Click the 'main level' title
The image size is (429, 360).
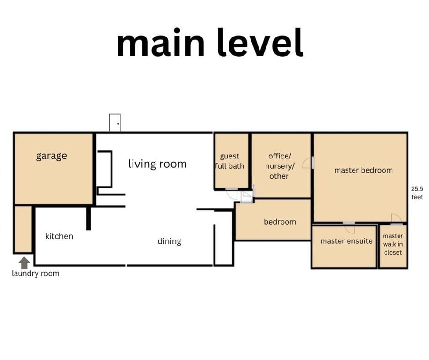210,43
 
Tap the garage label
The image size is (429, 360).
52,156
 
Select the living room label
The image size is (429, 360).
157,164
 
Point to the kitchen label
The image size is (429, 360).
59,236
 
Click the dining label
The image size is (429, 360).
170,241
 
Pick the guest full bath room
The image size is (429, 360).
231,161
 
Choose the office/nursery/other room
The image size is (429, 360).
281,165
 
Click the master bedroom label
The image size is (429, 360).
363,170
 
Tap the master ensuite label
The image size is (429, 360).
347,241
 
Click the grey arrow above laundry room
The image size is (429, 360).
24,263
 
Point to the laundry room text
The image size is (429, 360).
35,273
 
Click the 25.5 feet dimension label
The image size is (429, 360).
417,193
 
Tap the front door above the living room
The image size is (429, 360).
115,123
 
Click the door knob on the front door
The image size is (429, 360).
118,124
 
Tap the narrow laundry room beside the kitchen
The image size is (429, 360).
23,229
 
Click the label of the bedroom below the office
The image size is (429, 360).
280,221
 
